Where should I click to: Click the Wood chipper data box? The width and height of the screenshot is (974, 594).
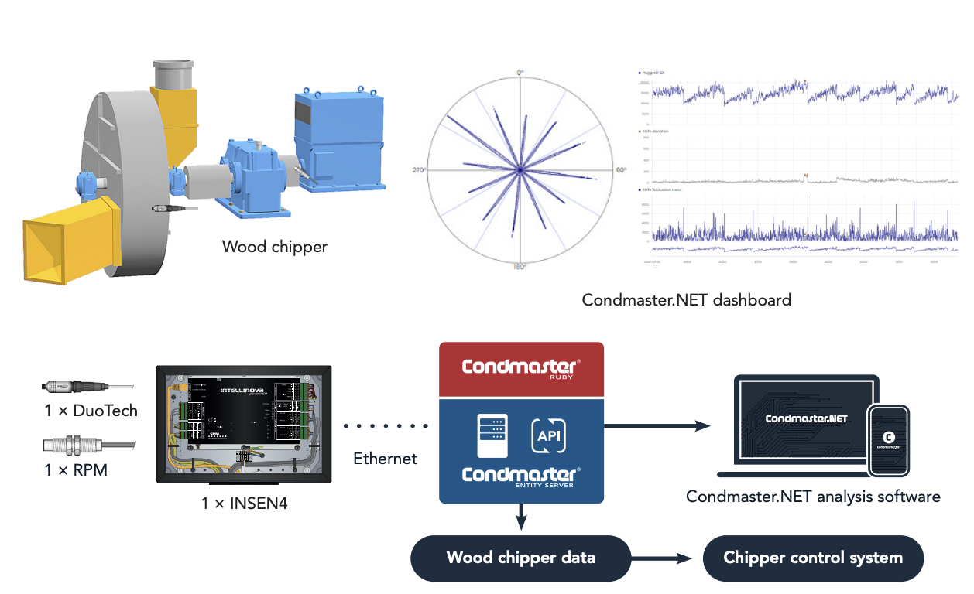(x=521, y=558)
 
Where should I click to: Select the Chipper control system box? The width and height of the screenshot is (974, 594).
(x=813, y=558)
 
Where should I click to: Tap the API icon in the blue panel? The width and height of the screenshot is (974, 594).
(x=549, y=436)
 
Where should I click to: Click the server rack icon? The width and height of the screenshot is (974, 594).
(x=494, y=436)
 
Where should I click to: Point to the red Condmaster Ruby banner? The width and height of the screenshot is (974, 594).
(x=520, y=370)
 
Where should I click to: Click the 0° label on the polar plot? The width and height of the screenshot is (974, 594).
(x=521, y=72)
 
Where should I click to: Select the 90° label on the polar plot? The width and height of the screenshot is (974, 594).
(x=620, y=169)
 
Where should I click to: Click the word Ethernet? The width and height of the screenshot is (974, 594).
(x=386, y=459)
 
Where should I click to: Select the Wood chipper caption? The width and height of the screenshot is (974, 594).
(x=275, y=247)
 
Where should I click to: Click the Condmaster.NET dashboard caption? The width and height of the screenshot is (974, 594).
(x=687, y=299)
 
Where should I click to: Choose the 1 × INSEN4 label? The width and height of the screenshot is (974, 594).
(x=243, y=503)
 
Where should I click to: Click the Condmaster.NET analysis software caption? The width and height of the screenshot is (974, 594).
(x=813, y=497)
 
